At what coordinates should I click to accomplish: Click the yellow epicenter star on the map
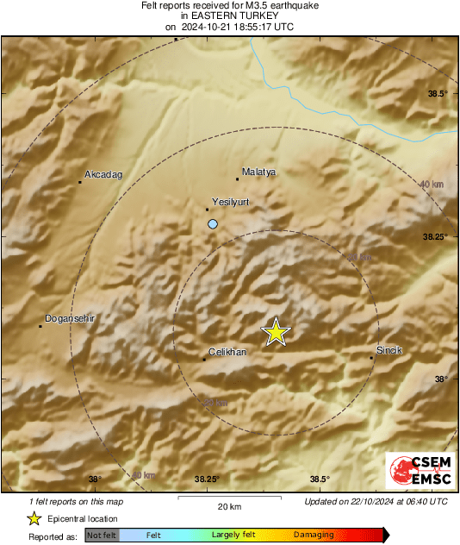coord(276,332)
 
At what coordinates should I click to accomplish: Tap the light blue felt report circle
coord(213,224)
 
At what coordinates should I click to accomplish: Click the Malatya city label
coord(258,172)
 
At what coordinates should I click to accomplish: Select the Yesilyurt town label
coord(230,202)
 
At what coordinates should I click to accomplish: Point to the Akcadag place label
coord(103,175)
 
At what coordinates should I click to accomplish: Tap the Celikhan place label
coord(228,352)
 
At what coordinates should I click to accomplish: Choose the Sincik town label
coord(389,350)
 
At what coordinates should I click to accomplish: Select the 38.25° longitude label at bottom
coord(207,479)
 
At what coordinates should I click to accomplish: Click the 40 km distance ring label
coord(432,185)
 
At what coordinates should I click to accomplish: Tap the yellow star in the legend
coord(34,518)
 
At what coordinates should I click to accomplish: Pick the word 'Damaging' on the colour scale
coord(314,535)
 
